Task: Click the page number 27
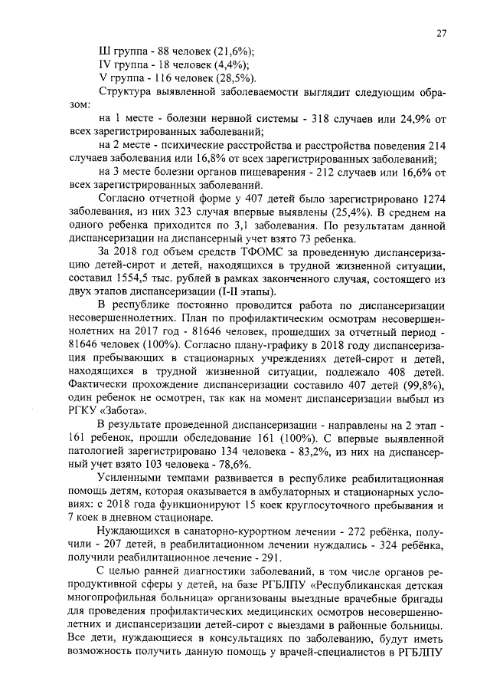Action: tap(442, 33)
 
